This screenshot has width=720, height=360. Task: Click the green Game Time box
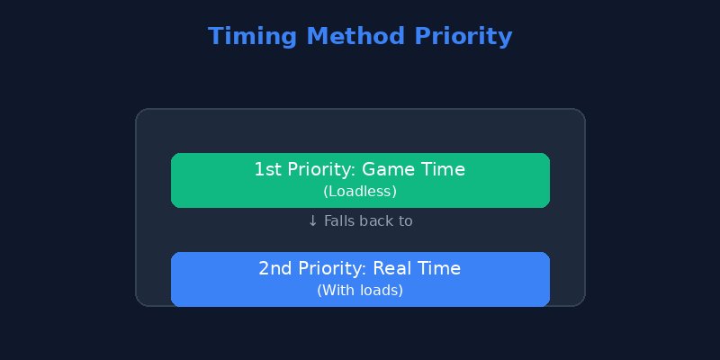[x=360, y=180]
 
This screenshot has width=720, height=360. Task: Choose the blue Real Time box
[x=360, y=279]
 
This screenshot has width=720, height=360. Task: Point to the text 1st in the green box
[x=267, y=169]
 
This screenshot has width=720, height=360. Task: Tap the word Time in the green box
[x=443, y=169]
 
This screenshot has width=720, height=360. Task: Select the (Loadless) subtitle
[x=360, y=192]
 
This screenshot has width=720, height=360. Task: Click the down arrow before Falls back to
[x=312, y=221]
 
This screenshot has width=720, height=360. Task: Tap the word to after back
[x=406, y=221]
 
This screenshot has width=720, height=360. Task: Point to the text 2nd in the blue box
[x=273, y=268]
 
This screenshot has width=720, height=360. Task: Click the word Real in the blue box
[x=391, y=268]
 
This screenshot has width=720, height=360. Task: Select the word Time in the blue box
[x=440, y=268]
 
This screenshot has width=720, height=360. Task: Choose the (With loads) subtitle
[x=360, y=291]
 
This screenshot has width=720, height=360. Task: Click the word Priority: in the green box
[x=321, y=169]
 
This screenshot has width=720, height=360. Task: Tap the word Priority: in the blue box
[x=328, y=268]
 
